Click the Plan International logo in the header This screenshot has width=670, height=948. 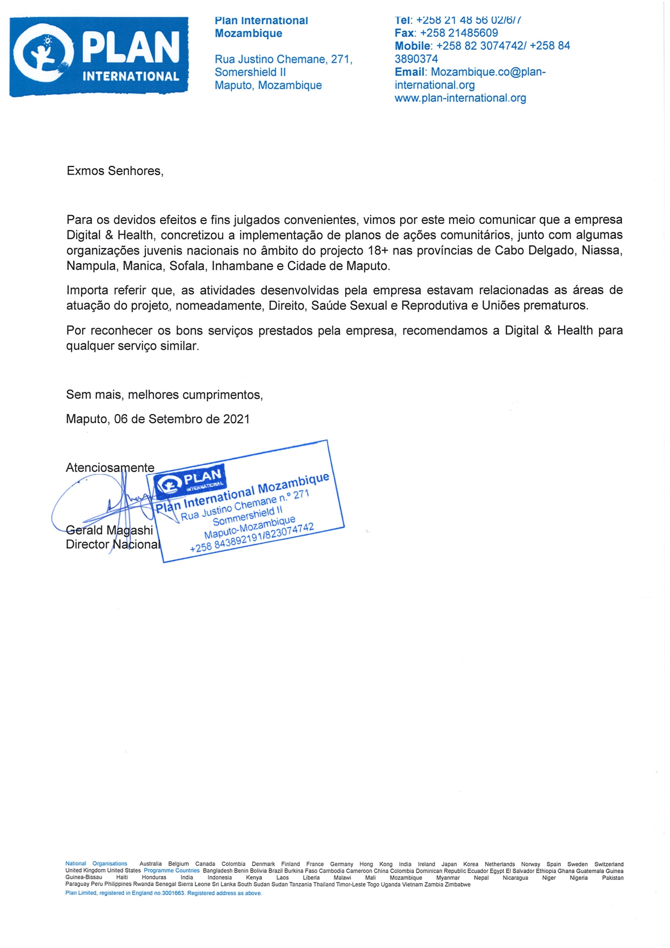tap(99, 57)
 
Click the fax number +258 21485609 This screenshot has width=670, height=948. tap(459, 33)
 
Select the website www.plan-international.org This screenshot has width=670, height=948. tap(460, 98)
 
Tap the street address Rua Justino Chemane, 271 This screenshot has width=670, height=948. tap(284, 59)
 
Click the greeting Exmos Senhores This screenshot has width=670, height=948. tap(115, 171)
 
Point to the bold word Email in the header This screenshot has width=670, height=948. tap(410, 72)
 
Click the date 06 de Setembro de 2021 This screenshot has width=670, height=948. tap(182, 419)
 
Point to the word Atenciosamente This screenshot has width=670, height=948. tap(110, 468)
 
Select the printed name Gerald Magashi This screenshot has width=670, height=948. tap(110, 530)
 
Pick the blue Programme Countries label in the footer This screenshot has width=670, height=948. tap(172, 871)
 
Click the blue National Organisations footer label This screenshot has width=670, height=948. tap(96, 864)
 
